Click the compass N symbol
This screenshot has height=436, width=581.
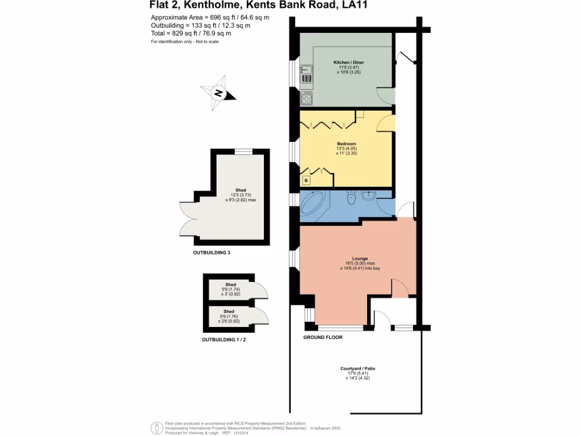[218, 94]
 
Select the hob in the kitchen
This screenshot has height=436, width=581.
[306, 98]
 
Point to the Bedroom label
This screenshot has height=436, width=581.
[346, 144]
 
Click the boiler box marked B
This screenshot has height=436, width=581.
[306, 181]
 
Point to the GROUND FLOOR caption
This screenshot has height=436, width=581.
[322, 337]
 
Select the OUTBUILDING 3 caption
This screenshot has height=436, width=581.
[212, 252]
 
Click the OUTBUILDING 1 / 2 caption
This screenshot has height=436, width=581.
[224, 340]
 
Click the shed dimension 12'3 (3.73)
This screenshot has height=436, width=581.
[241, 195]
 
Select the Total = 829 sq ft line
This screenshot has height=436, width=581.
[191, 33]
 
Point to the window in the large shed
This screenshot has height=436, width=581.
[244, 151]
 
